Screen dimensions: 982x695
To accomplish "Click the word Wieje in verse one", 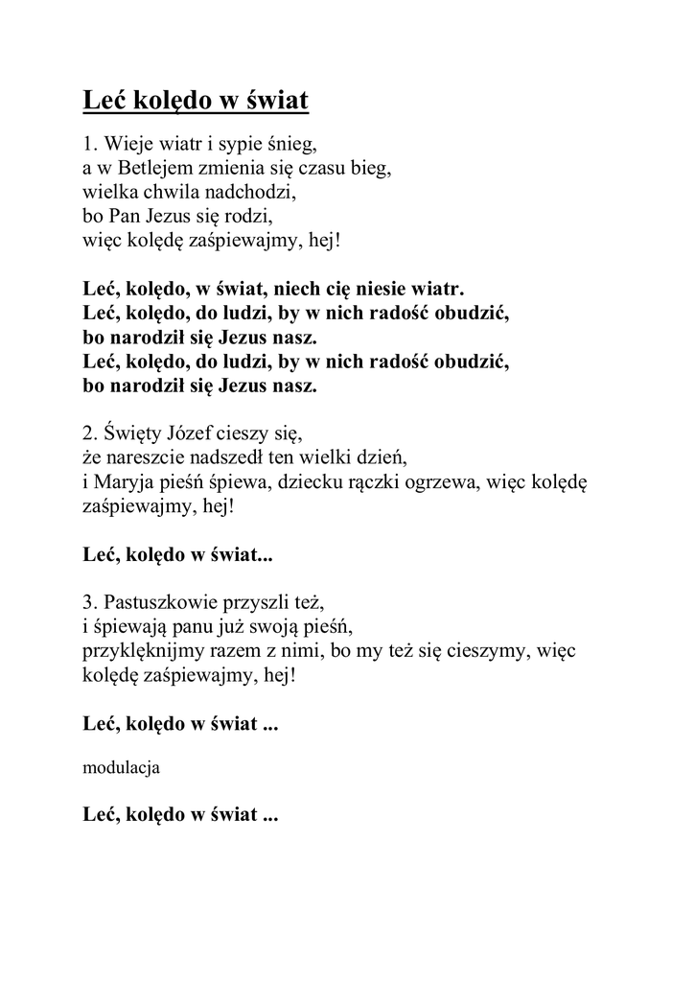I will [x=126, y=146].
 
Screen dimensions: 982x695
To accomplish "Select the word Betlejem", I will [x=145, y=169].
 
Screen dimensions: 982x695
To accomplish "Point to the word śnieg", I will [x=291, y=147].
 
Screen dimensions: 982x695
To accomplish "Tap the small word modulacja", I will [x=122, y=767].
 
